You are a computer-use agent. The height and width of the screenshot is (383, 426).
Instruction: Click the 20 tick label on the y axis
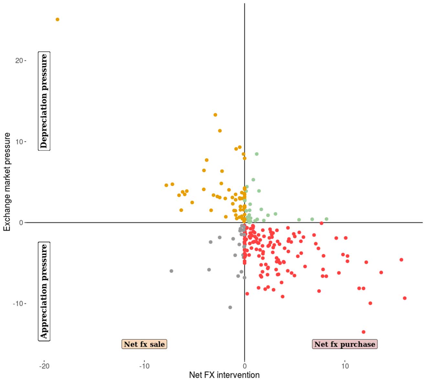coord(19,61)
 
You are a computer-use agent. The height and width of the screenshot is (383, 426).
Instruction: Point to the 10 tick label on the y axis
coord(19,142)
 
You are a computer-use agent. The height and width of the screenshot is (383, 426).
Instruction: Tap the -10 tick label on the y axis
coord(18,304)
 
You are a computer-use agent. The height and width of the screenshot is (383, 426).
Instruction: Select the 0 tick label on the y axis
coord(21,223)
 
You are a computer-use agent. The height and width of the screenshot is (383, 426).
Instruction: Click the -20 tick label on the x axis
coord(44,366)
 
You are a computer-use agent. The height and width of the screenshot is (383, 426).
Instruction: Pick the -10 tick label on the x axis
coord(144,366)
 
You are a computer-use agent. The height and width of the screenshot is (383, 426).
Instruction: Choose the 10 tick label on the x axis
coord(345,366)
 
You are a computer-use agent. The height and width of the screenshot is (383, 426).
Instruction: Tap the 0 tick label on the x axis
coord(245,366)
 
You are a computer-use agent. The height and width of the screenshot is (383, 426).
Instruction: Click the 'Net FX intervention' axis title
coord(224,375)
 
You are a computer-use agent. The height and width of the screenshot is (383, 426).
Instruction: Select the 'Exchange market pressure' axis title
coord(7,182)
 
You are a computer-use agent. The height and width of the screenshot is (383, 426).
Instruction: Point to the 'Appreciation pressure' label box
coord(44,291)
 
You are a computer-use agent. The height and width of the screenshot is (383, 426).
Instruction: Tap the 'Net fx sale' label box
coord(144,344)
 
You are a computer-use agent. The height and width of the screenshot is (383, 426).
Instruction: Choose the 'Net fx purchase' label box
coord(345,344)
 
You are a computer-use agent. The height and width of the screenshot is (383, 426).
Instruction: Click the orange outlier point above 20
coord(58,19)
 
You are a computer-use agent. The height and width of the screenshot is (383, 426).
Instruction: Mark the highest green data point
coord(257,154)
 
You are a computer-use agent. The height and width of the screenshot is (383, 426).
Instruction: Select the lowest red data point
coord(363,332)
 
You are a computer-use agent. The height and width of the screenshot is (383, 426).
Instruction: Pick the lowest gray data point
coord(230,307)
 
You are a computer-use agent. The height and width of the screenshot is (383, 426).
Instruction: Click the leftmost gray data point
coord(171,271)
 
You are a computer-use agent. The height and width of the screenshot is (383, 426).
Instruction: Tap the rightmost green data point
coord(326,219)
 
